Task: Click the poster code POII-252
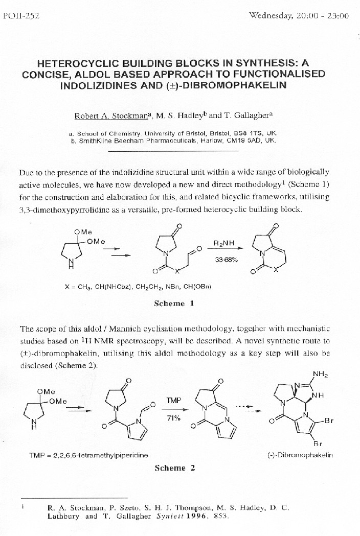pos(18,16)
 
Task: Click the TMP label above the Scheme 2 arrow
pos(174,401)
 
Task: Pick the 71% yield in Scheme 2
pos(174,418)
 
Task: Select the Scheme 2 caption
pos(174,468)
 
